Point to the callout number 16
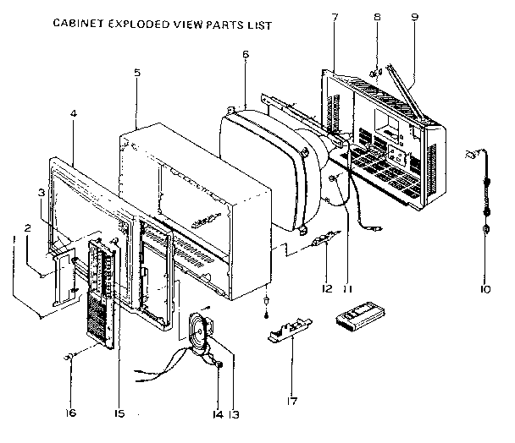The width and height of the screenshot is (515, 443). click(71, 413)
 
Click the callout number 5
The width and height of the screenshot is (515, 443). click(136, 74)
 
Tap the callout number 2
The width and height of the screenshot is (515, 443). click(27, 227)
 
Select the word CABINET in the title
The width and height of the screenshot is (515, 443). click(78, 25)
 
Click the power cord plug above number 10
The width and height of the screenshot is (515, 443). click(471, 157)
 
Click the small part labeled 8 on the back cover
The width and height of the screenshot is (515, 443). click(374, 74)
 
